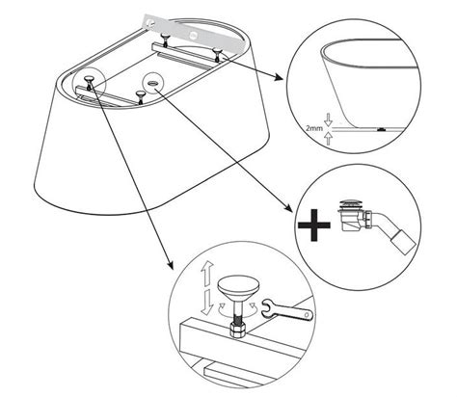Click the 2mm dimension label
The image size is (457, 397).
(314, 129)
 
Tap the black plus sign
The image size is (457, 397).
(313, 225)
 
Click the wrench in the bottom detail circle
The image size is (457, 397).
(287, 310)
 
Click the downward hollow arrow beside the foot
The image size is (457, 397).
(206, 302)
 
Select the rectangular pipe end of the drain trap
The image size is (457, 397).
(402, 243)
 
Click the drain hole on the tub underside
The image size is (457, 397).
(152, 83)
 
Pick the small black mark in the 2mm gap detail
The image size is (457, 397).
(381, 129)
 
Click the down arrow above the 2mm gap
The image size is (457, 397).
(328, 119)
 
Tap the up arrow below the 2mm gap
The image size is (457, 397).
(328, 139)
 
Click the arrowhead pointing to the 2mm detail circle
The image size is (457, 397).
(279, 77)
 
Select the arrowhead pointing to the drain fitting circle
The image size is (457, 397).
(288, 208)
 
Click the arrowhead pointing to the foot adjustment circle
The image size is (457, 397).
(170, 264)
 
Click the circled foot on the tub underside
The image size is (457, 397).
(89, 81)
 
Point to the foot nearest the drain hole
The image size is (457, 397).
(140, 95)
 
